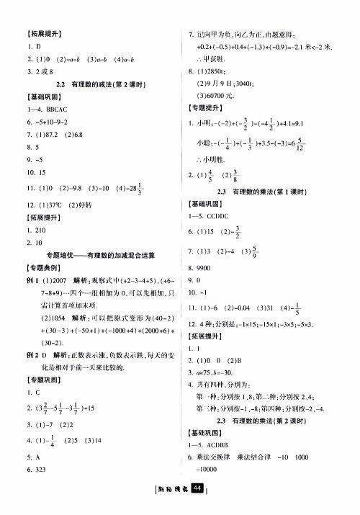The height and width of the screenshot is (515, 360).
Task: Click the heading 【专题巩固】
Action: point(41,380)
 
